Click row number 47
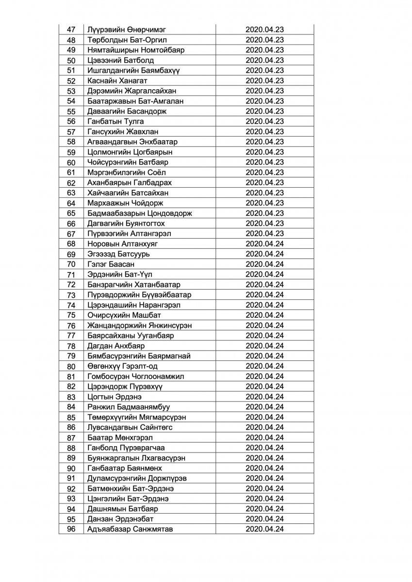[71, 30]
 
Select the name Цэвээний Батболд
[114, 60]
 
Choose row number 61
[71, 172]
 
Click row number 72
[71, 284]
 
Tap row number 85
[71, 417]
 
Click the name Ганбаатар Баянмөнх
[125, 468]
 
